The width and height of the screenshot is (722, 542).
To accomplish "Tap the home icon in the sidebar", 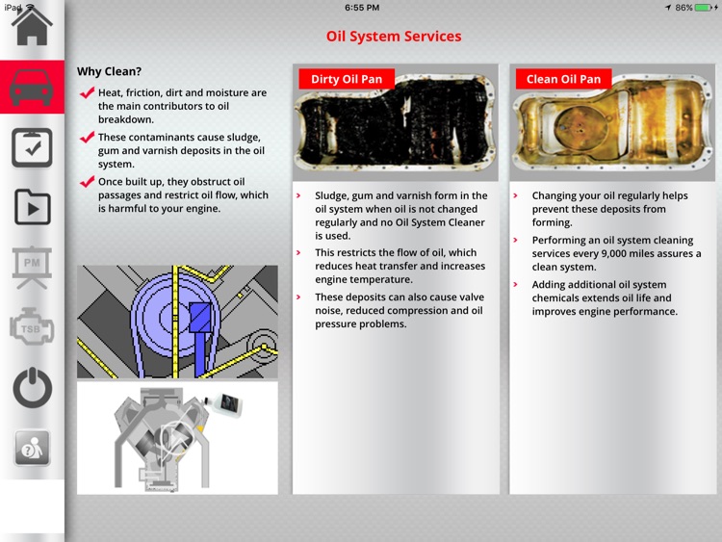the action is [32, 27].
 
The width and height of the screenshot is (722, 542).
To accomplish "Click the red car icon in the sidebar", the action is [32, 87].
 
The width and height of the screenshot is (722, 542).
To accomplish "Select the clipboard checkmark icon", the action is [32, 147].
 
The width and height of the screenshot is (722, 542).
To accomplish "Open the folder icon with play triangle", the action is [32, 207].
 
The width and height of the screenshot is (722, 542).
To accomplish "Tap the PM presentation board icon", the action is [32, 267].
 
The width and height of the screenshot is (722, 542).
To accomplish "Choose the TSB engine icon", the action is [32, 327].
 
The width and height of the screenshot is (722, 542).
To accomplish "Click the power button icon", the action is [32, 388].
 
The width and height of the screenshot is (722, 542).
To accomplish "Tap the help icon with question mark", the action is [32, 448].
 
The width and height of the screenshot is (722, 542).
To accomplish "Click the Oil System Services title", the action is [394, 37].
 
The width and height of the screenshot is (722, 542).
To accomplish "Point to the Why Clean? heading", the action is [109, 71].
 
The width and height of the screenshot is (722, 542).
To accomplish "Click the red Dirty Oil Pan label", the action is [347, 79].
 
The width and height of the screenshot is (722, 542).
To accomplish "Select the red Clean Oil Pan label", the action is [563, 79].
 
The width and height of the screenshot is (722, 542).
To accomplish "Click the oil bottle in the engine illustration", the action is [224, 403].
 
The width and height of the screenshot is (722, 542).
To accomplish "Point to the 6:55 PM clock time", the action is [362, 8].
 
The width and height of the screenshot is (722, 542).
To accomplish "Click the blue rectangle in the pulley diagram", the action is [200, 318].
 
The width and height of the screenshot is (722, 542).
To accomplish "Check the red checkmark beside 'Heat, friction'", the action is [87, 92].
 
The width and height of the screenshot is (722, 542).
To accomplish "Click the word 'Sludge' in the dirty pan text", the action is [331, 195].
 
